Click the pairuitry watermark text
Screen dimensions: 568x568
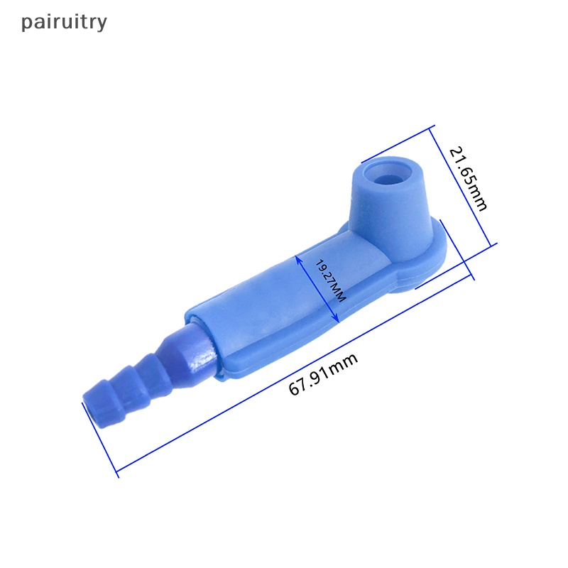pos(64,23)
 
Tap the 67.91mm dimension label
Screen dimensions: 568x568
pos(323,374)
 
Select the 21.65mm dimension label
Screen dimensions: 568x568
pos(468,179)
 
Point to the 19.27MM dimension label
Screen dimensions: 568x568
pos(329,280)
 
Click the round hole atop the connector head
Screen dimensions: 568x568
pos(388,173)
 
